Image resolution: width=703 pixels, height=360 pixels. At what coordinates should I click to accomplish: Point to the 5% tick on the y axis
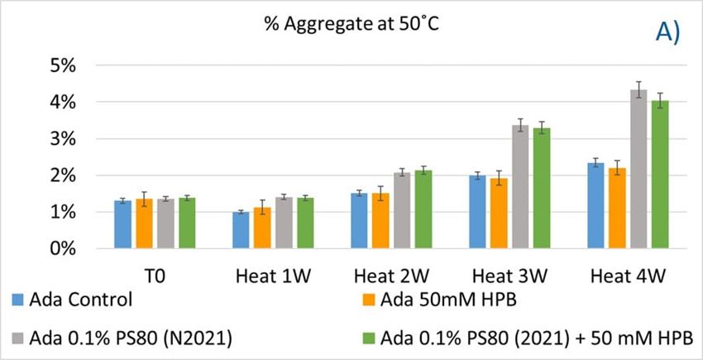pyautogui.click(x=64, y=65)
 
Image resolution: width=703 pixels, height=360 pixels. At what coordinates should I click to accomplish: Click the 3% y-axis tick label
pyautogui.click(x=64, y=139)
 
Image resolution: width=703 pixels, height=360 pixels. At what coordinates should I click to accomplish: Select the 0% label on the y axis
pyautogui.click(x=64, y=248)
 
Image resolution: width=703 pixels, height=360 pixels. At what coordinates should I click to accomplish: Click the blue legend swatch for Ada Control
pyautogui.click(x=17, y=299)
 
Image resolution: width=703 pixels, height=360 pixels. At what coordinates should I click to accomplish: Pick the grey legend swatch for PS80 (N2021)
pyautogui.click(x=17, y=337)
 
